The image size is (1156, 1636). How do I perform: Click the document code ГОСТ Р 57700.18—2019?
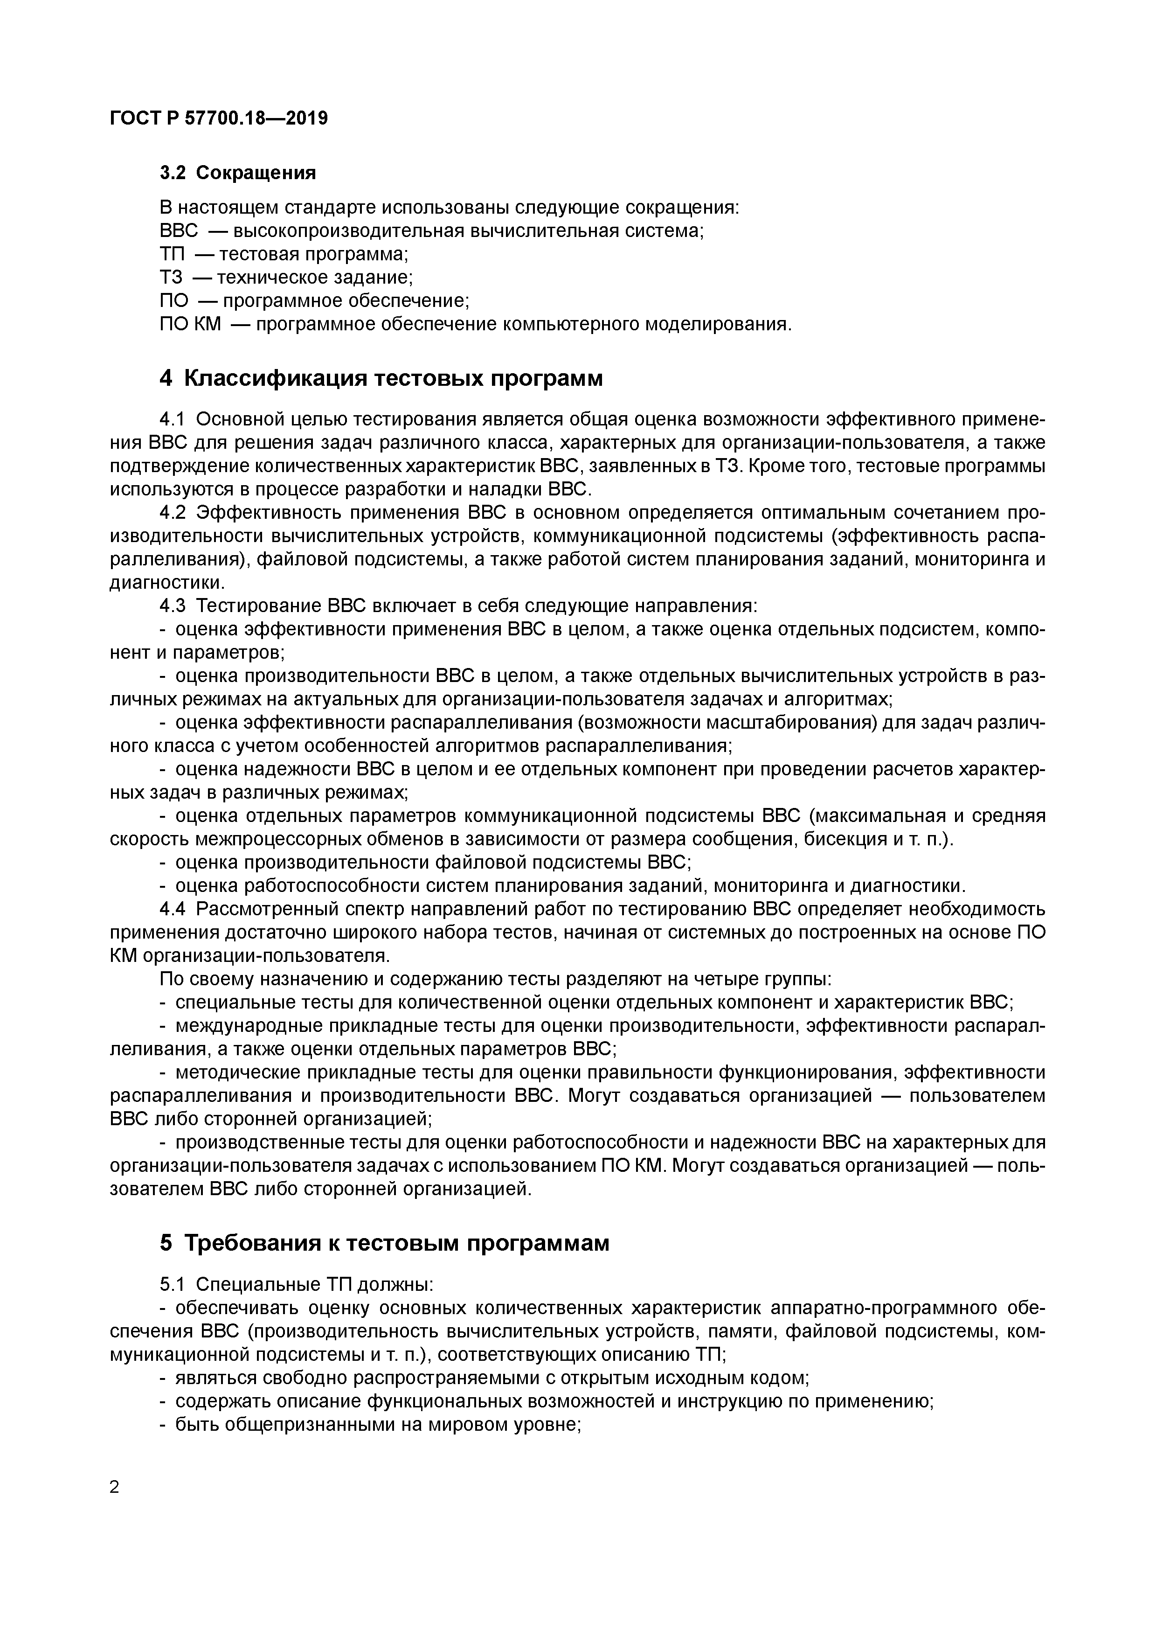219,118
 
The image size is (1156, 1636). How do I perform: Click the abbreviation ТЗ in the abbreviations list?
172,277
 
